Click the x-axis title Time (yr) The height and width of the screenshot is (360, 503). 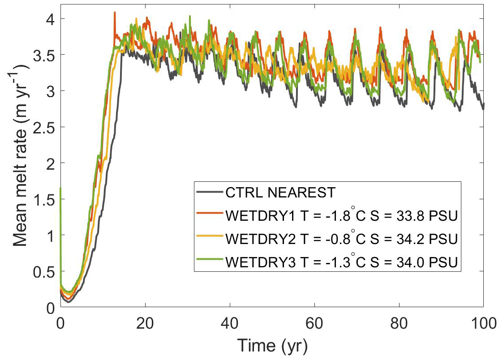(x=271, y=345)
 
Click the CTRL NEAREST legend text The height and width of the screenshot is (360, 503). (x=280, y=193)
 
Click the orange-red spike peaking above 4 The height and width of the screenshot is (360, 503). (x=115, y=13)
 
